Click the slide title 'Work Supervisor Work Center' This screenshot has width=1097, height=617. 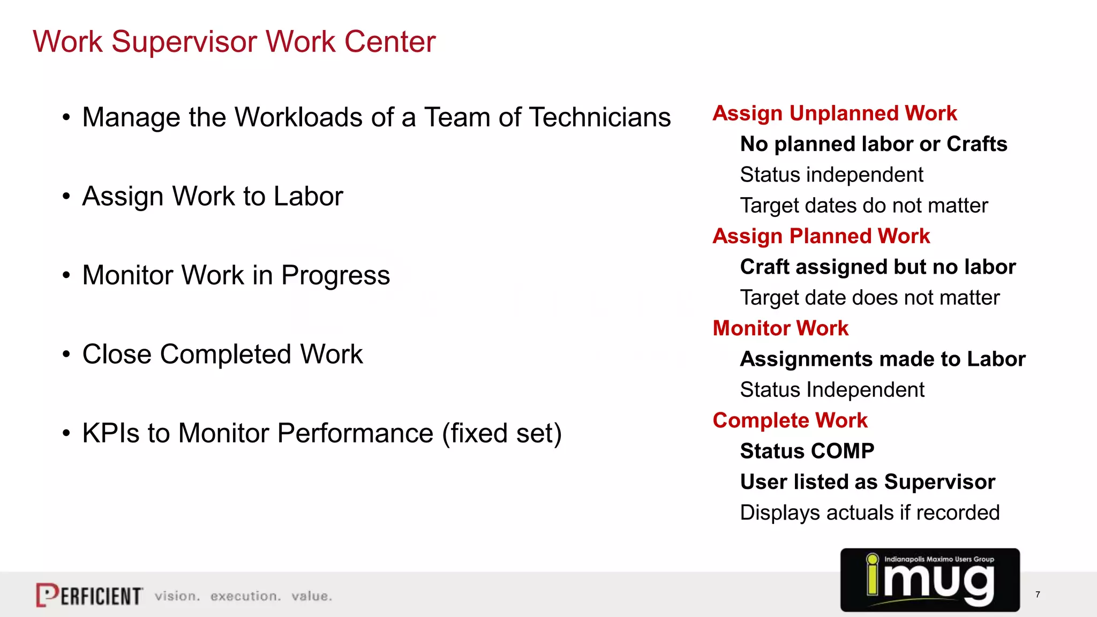(234, 42)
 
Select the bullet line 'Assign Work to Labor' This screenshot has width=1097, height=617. (213, 196)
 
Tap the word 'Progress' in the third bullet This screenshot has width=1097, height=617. (335, 275)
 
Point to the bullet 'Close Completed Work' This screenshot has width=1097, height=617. (222, 354)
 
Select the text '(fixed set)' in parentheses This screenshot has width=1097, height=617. (501, 433)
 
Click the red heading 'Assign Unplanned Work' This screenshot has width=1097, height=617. (835, 113)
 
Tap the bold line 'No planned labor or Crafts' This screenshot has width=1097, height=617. (874, 144)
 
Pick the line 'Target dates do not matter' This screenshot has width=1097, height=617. (864, 206)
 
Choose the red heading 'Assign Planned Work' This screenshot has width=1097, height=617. (821, 236)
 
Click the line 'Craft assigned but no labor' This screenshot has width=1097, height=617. (878, 267)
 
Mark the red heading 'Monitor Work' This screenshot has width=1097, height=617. (780, 328)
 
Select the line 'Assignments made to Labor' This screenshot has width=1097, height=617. (883, 359)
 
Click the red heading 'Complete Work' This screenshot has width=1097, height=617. (790, 420)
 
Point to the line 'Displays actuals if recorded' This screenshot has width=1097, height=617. (870, 513)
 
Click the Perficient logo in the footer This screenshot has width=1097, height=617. (89, 595)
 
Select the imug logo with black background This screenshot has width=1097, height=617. (930, 580)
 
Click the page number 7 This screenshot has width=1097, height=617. (1038, 595)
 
